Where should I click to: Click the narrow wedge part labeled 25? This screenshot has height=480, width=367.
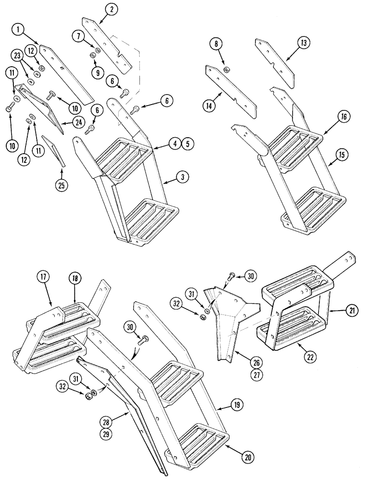(x=54, y=150)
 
